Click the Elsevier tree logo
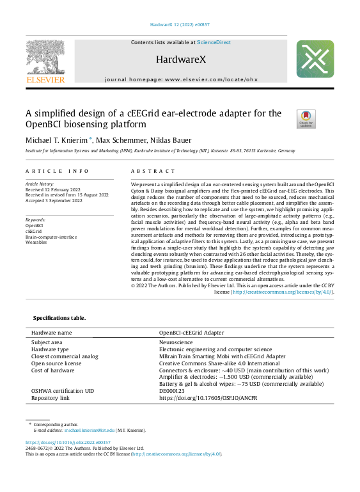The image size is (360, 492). [45, 58]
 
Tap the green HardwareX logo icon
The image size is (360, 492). [315, 59]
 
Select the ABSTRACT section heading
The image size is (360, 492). [153, 171]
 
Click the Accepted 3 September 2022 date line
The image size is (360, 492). [54, 201]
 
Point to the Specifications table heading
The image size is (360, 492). [59, 318]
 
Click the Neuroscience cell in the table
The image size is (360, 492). [176, 342]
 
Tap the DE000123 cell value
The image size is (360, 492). [172, 391]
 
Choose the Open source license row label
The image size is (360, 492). [56, 363]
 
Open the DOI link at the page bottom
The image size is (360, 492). [68, 442]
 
